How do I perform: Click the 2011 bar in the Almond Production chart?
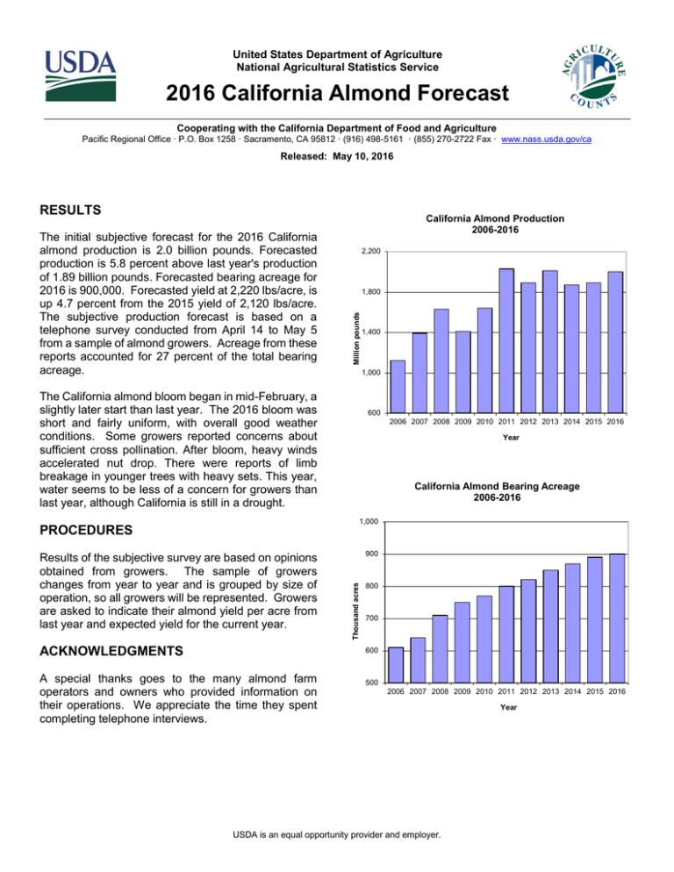click(x=506, y=340)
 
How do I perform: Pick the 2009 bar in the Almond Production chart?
click(x=462, y=371)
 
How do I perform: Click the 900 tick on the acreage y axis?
click(x=371, y=554)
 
